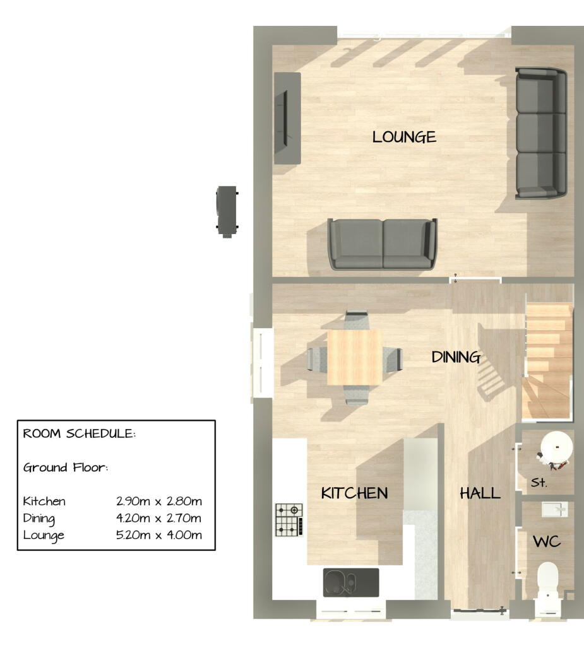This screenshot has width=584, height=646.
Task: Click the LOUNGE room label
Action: [x=404, y=137]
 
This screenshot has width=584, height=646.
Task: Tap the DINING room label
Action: [x=456, y=357]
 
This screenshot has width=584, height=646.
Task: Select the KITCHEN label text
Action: [x=354, y=493]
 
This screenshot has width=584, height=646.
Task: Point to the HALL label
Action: [x=480, y=493]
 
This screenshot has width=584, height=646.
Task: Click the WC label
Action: [x=547, y=541]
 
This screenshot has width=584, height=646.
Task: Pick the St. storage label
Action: [x=539, y=483]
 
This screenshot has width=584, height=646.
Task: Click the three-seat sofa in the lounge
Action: [x=540, y=133]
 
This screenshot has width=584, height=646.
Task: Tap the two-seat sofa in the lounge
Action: [x=382, y=244]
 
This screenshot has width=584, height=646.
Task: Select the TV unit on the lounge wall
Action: [x=287, y=118]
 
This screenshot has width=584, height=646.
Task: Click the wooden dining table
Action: [x=355, y=356]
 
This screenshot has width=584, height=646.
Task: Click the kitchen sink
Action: [x=350, y=582]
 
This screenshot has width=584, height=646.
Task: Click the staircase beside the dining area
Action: [x=547, y=360]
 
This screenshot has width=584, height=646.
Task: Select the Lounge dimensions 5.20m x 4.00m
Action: [x=159, y=535]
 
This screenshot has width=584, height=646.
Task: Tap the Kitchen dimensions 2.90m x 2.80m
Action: [x=159, y=502]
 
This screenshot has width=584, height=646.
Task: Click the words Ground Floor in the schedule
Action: [x=66, y=467]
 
